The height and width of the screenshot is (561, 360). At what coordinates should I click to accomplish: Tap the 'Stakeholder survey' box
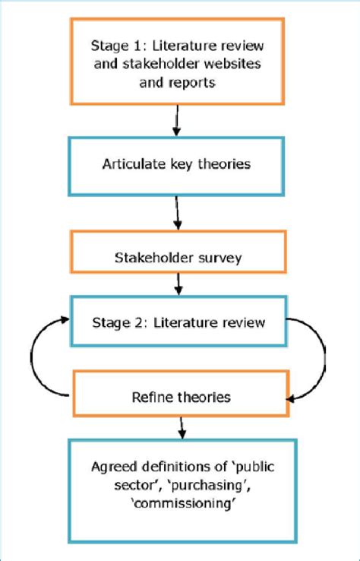[x=178, y=258]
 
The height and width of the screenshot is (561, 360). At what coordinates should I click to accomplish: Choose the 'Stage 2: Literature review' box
[x=178, y=322]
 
